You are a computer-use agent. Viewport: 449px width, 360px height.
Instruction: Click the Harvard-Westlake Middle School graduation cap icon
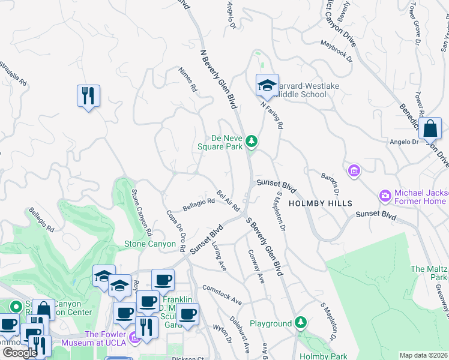point(267,86)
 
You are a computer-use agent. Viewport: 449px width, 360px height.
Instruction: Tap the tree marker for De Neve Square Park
point(253,142)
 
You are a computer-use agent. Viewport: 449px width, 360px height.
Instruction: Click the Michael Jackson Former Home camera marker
point(385,196)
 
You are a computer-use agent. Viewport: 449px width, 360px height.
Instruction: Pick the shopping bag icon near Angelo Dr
point(431,128)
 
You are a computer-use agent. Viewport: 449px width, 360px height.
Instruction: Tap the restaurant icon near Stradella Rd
point(88,95)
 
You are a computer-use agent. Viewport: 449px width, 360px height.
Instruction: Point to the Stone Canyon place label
point(148,244)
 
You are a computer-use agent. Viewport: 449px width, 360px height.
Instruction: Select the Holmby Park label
point(323,356)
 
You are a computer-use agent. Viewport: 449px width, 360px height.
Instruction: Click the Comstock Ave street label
point(222,294)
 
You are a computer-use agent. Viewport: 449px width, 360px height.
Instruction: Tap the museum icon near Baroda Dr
point(354,172)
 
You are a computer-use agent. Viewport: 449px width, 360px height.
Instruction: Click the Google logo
point(20,352)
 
